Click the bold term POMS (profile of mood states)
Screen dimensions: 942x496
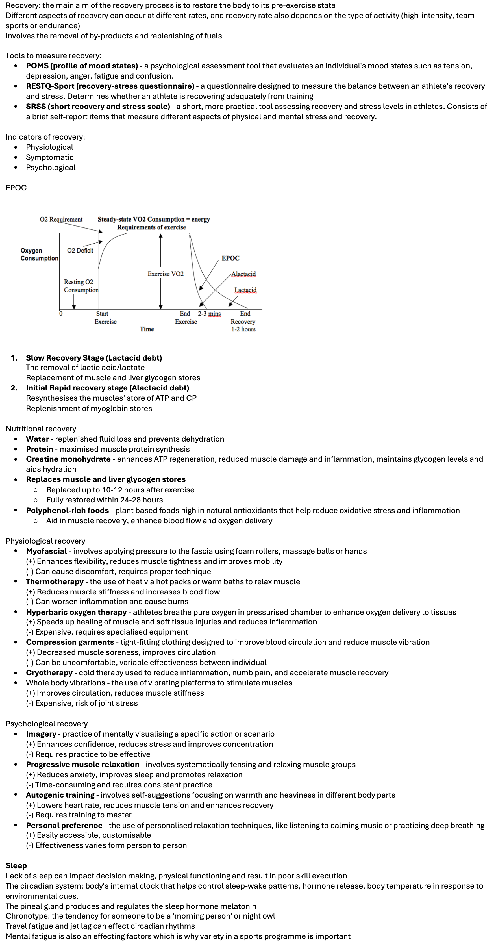coord(82,66)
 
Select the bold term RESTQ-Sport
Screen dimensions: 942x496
coord(110,86)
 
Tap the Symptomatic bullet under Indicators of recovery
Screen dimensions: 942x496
coord(50,158)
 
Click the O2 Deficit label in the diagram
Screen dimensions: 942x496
coord(80,251)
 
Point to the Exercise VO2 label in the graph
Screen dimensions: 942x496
coord(166,274)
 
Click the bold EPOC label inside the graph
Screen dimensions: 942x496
coord(230,258)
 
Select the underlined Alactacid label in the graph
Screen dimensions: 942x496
coord(243,274)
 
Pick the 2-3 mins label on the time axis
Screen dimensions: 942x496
coord(209,314)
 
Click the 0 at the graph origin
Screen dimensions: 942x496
coord(61,314)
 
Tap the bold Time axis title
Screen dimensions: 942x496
coord(147,329)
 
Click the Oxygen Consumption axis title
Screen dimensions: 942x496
coord(39,255)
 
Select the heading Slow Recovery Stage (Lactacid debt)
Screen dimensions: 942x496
coord(93,358)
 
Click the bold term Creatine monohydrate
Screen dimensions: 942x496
coord(68,459)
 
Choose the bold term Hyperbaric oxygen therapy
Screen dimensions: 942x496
coord(76,612)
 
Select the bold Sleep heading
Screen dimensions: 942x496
coord(16,866)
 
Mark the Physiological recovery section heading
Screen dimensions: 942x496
coord(45,541)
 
